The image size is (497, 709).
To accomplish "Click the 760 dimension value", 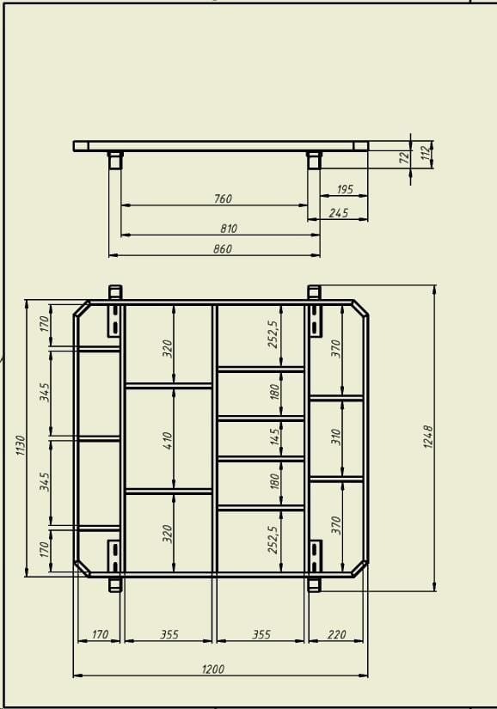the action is coord(223,199).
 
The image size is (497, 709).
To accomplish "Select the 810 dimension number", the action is coord(229,229).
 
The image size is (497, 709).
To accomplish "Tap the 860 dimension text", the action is coord(223,248).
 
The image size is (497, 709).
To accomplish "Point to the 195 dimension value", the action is coord(345,189).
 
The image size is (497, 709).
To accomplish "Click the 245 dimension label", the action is coord(339,212).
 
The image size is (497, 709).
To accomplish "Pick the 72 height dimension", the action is coord(405,157).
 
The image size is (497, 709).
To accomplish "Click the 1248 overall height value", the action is coord(428,437).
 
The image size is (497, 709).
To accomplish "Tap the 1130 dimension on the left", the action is coord(21,445).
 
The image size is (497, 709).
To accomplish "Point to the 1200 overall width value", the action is coord(212,669).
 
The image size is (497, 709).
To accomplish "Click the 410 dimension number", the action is coord(168,440).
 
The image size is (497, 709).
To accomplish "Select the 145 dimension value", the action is coord(274,437).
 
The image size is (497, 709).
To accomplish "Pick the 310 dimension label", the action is coord(335,437).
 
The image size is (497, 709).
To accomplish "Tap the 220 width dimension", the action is coord(336,634).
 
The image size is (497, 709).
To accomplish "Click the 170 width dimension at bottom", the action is coord(100,634).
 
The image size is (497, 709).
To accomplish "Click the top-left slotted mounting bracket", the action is coord(115,321).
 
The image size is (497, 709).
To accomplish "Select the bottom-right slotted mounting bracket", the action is coord(315,557).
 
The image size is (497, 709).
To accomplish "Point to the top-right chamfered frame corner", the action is coord(360,308).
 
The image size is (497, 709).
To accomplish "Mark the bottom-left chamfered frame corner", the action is coord(82,568).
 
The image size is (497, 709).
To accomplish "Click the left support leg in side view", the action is coord(115,160).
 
